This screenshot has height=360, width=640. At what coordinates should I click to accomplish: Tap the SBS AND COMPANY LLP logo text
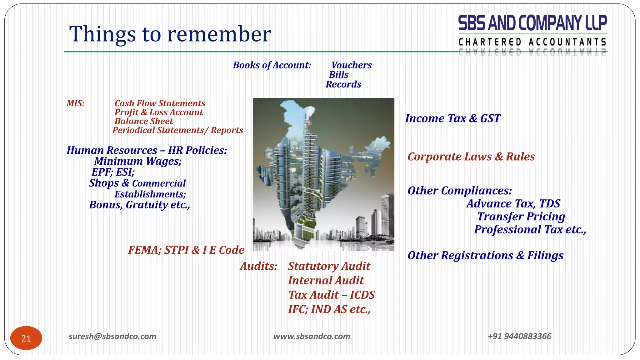click(x=532, y=23)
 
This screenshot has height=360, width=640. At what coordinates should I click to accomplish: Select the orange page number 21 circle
click(x=26, y=338)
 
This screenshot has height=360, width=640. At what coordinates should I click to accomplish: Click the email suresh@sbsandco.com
click(x=112, y=336)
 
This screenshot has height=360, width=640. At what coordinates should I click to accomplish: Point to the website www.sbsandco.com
click(x=312, y=336)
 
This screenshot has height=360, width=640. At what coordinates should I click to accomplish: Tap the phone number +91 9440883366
click(x=519, y=336)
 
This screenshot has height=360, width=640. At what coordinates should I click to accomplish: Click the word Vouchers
click(x=351, y=65)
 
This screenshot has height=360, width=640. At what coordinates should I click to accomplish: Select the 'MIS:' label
click(x=76, y=103)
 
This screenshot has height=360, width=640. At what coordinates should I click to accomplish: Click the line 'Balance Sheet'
click(x=143, y=121)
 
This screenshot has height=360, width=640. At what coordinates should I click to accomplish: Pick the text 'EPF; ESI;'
click(x=113, y=172)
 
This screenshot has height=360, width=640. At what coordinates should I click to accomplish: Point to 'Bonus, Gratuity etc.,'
click(x=139, y=205)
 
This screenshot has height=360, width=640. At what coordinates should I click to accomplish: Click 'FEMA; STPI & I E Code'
click(x=186, y=250)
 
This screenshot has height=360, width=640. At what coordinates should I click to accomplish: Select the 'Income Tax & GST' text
click(x=453, y=118)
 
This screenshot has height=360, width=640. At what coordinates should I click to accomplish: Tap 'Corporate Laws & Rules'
click(x=471, y=157)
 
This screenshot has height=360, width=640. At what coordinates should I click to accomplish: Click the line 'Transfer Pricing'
click(x=521, y=217)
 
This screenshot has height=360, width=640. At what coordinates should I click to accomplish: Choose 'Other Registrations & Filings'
click(x=485, y=256)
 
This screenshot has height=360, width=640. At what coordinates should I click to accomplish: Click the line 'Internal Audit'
click(x=326, y=281)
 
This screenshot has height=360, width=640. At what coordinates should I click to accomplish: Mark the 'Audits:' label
click(x=258, y=266)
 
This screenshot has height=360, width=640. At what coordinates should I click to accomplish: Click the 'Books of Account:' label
click(x=272, y=65)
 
